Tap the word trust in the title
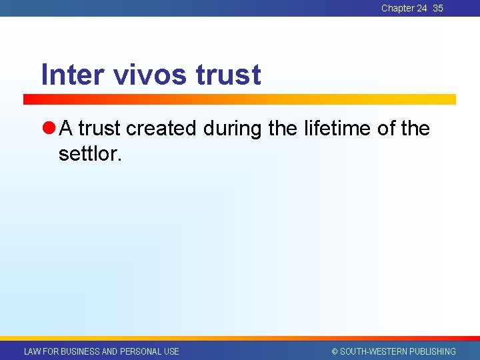[x=229, y=75]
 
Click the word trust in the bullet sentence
[x=100, y=129]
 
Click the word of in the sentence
[x=387, y=129]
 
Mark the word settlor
[x=90, y=154]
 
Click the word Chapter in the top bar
[x=398, y=9]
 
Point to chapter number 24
[x=421, y=9]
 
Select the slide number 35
[x=438, y=9]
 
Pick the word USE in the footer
[x=171, y=351]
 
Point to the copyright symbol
[x=335, y=351]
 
